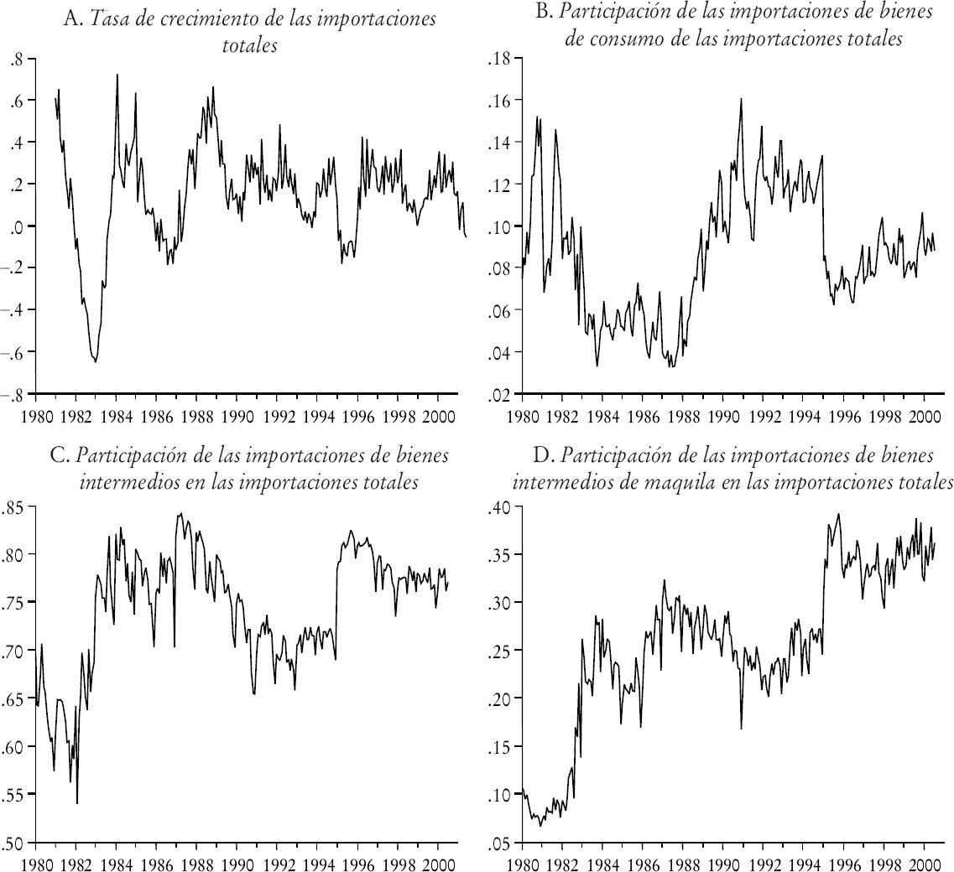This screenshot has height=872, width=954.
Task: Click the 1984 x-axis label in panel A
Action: (x=117, y=413)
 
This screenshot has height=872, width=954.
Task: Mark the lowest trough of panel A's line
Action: (x=96, y=362)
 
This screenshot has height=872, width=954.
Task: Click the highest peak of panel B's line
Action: (x=741, y=98)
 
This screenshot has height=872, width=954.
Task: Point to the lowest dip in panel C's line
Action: (x=77, y=803)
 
